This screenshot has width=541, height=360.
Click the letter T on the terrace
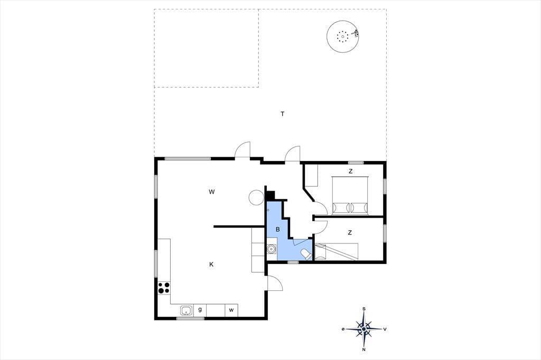[283, 114]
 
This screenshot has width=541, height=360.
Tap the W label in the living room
[211, 192]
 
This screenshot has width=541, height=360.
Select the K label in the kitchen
[211, 264]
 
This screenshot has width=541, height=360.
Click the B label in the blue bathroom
[278, 229]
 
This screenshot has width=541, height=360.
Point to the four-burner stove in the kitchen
[164, 288]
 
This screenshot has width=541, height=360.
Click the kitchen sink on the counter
[186, 310]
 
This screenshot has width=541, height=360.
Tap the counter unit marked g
[200, 310]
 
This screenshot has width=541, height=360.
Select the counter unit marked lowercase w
[231, 310]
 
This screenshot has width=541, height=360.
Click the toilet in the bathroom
[306, 254]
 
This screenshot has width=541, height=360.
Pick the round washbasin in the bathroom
[272, 249]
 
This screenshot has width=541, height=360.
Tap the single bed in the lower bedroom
[337, 252]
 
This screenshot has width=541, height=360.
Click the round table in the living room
[256, 197]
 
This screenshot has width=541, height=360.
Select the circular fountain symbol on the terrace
[343, 36]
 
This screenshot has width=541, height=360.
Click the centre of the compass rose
[364, 329]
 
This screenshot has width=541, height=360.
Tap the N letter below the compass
[364, 349]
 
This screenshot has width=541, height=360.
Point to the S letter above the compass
[364, 309]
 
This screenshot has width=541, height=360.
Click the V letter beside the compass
[385, 329]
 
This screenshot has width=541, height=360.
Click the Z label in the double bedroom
[351, 171]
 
